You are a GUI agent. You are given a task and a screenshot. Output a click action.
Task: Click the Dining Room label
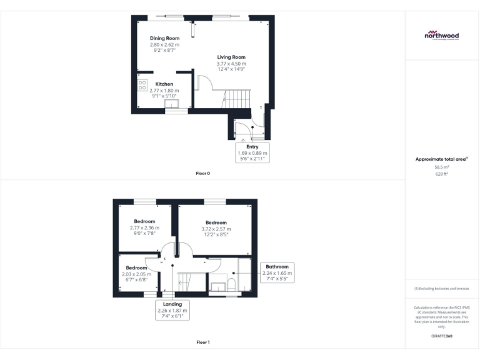164,39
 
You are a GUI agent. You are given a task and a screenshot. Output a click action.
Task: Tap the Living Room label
231,57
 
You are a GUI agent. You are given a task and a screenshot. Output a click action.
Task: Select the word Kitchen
164,84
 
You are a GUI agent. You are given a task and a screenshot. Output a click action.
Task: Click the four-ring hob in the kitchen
142,84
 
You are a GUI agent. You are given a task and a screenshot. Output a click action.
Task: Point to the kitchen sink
171,104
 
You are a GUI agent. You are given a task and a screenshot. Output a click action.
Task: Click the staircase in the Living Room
237,97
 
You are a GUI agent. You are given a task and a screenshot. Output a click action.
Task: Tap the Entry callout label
252,147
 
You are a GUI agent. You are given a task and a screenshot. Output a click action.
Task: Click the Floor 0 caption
203,173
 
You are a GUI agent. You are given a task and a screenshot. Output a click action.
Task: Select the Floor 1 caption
203,342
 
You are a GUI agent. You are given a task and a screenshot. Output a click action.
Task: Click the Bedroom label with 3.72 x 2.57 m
216,222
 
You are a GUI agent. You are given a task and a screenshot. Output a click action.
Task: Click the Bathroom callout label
276,266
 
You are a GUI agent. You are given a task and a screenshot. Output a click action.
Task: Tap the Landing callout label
172,304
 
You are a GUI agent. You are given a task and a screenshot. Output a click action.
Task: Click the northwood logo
442,36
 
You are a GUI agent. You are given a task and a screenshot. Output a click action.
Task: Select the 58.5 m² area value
442,167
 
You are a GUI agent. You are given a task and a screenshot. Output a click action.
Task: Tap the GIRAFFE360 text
441,336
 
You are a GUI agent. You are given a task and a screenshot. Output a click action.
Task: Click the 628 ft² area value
442,174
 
